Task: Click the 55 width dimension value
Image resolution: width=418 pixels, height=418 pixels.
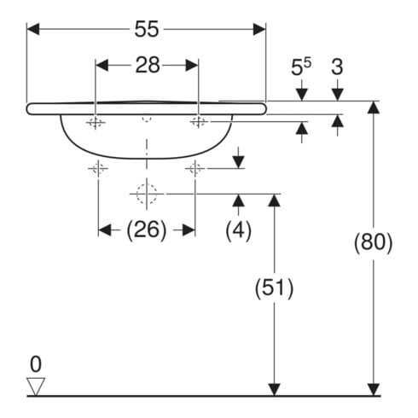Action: pos(147,29)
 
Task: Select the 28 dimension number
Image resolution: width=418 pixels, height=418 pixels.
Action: pos(148,65)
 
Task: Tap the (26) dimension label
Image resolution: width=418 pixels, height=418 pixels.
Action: pos(147,229)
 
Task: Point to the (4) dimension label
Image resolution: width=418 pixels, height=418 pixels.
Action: pos(239,230)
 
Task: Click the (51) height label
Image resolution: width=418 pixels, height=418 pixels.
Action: pos(274,288)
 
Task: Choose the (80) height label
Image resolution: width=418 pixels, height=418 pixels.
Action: pos(373,242)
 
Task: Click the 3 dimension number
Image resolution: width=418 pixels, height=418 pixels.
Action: pos(337,67)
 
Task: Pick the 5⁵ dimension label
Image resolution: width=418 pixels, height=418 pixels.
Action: pos(301,67)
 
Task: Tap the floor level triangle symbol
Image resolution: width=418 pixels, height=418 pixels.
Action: pos(36,386)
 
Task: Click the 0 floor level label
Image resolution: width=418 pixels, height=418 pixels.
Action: pos(36,364)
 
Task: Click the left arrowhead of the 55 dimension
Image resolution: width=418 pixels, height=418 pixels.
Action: pos(33,29)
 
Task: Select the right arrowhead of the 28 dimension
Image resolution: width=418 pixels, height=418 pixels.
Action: pos(192,66)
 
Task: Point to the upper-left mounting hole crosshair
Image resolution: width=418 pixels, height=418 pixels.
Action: pos(96,123)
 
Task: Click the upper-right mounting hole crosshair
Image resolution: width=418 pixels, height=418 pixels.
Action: pos(199,122)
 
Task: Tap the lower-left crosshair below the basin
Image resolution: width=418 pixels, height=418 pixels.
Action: pos(98,169)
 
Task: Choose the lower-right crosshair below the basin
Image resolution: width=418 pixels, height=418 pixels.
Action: pos(195,169)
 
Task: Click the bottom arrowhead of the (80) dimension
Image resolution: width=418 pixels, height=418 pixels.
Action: pos(374,390)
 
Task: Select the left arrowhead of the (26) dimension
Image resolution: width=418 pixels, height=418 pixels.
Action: pos(105,229)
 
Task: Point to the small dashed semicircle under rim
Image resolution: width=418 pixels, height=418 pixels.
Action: pos(147,119)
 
